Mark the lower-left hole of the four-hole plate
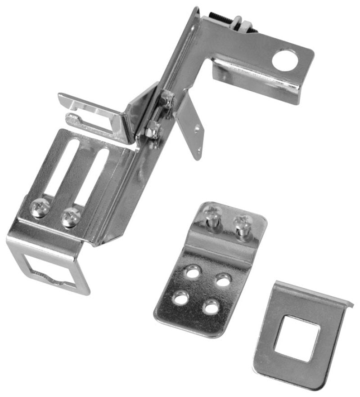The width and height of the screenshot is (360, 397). point(181,297)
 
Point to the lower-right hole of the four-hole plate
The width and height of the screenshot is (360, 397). point(209,308)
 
